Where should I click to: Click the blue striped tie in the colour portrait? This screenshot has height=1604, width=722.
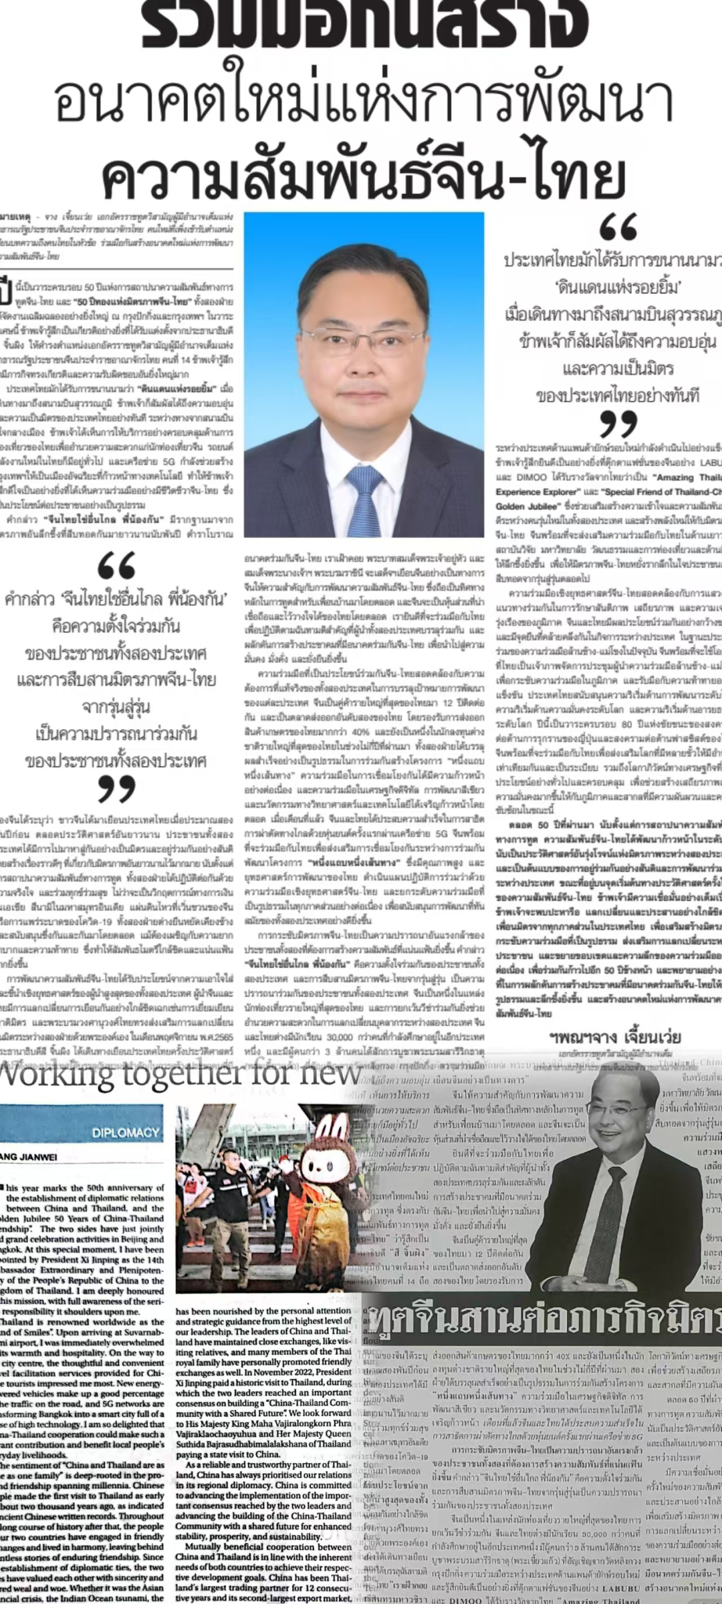pyautogui.click(x=363, y=494)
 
